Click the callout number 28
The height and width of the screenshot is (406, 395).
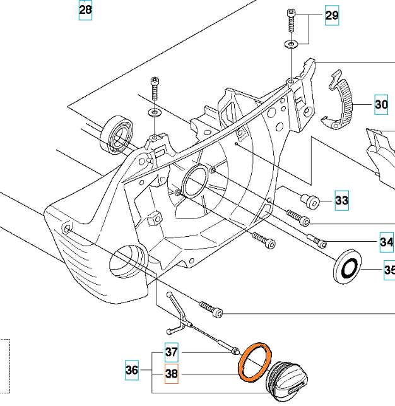click(x=85, y=11)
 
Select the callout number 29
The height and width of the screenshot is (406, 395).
click(x=332, y=16)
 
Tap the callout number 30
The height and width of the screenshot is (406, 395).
click(x=381, y=104)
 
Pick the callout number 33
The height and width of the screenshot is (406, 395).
click(x=341, y=201)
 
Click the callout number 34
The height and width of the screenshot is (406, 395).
click(x=386, y=242)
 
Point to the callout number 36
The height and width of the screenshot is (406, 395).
click(x=131, y=371)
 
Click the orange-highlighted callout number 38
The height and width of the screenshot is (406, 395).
click(x=172, y=374)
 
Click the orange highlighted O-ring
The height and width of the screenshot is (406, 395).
click(x=255, y=362)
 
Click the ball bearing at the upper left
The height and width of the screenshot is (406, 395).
click(x=117, y=134)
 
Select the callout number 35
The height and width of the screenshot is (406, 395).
click(x=389, y=272)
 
